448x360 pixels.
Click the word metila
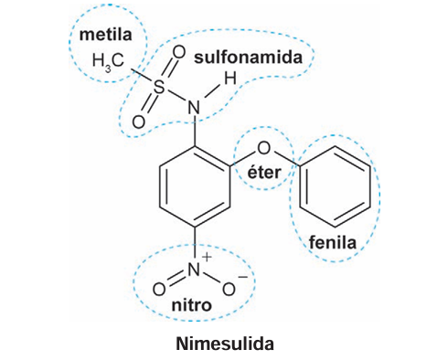click(x=105, y=35)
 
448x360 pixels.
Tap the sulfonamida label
click(x=248, y=58)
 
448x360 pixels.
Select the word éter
click(x=264, y=173)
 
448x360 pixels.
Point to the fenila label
click(x=333, y=242)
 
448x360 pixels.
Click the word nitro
click(x=192, y=305)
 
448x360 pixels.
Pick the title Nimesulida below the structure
click(x=225, y=344)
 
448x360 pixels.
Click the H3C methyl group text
click(x=108, y=61)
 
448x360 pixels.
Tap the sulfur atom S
click(x=158, y=88)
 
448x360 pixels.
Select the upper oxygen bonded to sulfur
click(x=179, y=52)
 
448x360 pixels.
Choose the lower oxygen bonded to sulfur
click(x=139, y=122)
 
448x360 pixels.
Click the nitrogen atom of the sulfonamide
click(x=194, y=108)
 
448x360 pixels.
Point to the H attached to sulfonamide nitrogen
click(x=230, y=79)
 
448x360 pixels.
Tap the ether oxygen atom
click(x=263, y=148)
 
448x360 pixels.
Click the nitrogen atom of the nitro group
click(x=194, y=270)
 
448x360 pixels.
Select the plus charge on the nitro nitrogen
click(x=207, y=257)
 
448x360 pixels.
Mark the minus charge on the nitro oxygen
click(x=243, y=277)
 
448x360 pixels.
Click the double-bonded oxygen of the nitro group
click(x=159, y=290)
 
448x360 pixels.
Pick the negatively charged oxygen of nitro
click(x=229, y=290)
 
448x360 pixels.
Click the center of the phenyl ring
click(x=335, y=186)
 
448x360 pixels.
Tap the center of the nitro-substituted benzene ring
click(x=195, y=186)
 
